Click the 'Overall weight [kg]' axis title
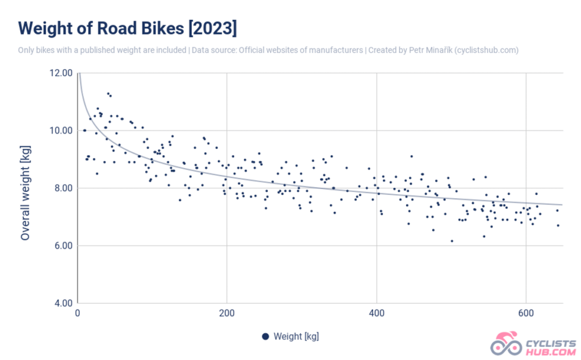(x=25, y=188)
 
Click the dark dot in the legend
(x=265, y=336)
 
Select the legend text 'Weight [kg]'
(x=296, y=336)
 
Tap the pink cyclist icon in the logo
(x=505, y=344)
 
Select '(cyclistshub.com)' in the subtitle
(x=487, y=50)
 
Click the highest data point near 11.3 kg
(x=108, y=93)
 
